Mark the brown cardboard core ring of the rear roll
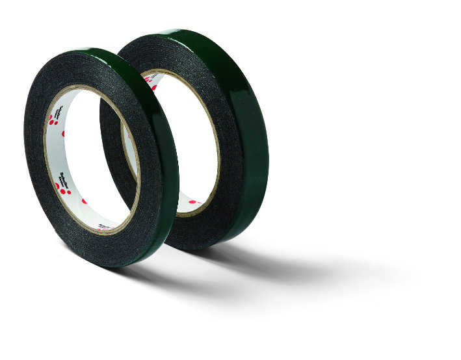click(x=215, y=130)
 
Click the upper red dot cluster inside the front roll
click(x=51, y=120)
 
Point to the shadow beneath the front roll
click(x=163, y=279)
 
